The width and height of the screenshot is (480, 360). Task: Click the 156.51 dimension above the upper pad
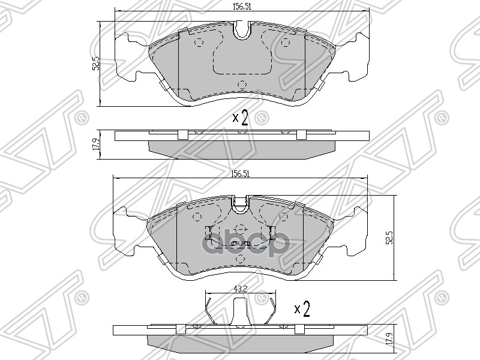click(241, 7)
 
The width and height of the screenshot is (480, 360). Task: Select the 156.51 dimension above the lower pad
click(241, 173)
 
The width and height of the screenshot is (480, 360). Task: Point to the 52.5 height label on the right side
click(389, 238)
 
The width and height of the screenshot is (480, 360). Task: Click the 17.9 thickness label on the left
click(95, 145)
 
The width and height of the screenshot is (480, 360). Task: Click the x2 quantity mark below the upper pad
click(241, 116)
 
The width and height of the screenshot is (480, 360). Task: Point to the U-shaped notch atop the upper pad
click(242, 30)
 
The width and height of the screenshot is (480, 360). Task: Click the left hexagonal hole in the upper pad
click(199, 41)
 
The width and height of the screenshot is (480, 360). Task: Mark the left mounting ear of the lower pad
click(131, 230)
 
